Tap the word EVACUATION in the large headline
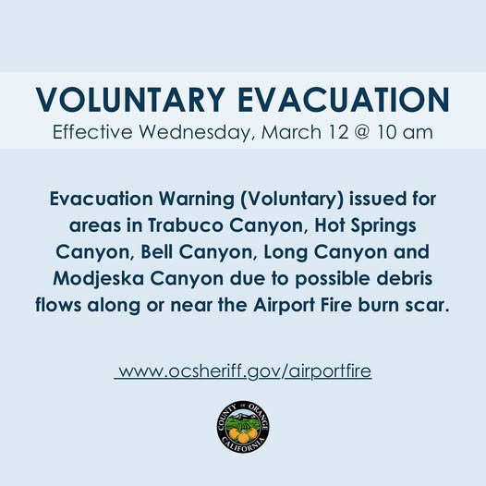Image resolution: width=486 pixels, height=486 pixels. pos(342,100)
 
